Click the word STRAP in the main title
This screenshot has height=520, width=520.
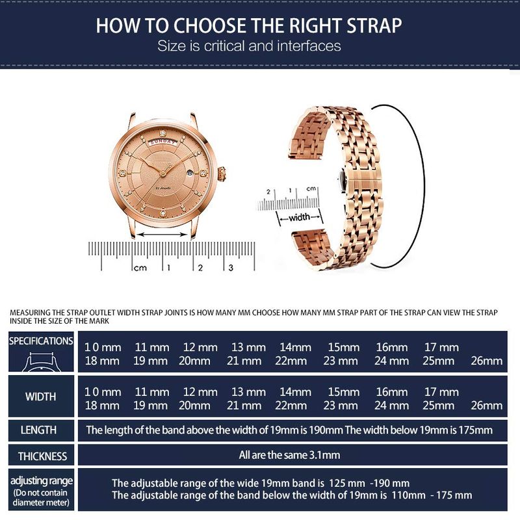(374, 25)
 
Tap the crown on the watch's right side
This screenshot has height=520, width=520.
(222, 174)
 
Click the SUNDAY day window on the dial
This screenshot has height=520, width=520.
(163, 142)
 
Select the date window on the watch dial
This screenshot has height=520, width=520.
(189, 174)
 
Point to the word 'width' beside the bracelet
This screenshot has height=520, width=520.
(300, 217)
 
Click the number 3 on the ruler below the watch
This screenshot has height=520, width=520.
(231, 268)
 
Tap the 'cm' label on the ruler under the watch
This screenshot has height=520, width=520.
(140, 268)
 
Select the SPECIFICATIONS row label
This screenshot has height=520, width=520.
(41, 341)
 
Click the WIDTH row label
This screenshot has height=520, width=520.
(40, 396)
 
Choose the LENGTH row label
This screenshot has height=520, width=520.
(38, 430)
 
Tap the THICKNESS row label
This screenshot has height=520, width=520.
(42, 456)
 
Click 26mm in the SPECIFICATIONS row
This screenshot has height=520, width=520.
(486, 361)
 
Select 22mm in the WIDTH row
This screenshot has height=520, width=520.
(291, 405)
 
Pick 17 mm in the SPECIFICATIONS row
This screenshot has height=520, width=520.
(441, 347)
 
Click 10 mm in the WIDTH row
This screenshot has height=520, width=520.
(103, 392)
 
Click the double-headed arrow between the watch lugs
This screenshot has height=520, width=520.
(162, 235)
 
